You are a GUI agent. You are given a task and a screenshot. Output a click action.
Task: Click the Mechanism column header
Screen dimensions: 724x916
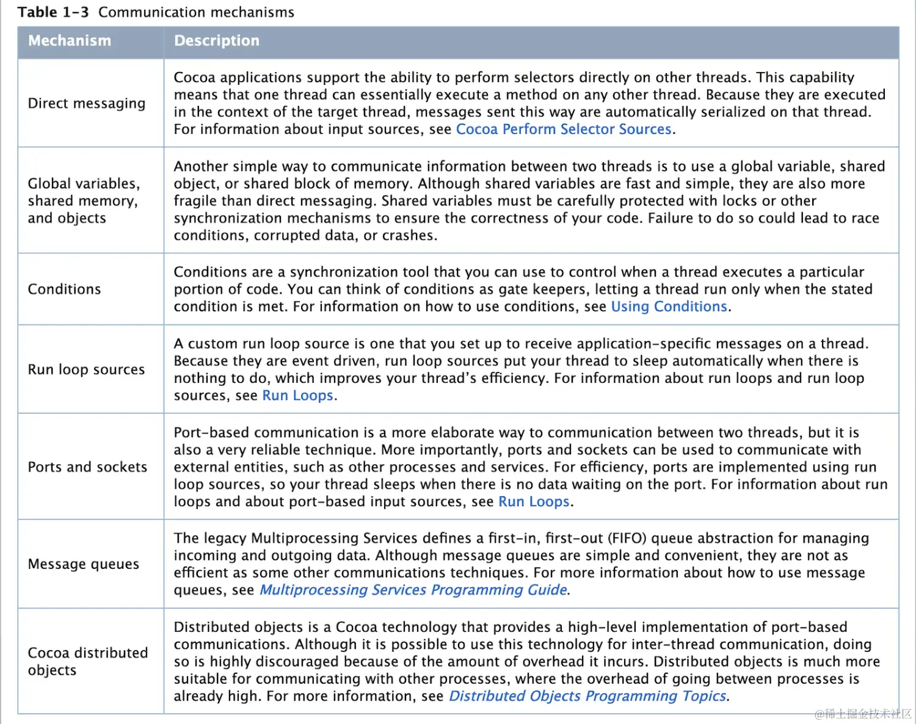pyautogui.click(x=70, y=41)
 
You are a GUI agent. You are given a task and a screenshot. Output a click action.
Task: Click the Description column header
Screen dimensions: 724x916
pyautogui.click(x=217, y=41)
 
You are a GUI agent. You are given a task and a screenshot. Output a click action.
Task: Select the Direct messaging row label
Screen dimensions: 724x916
pyautogui.click(x=87, y=103)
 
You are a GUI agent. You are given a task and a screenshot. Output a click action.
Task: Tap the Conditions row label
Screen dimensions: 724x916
pyautogui.click(x=64, y=289)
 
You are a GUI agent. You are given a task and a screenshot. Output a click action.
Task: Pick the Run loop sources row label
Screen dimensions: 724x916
pyautogui.click(x=86, y=369)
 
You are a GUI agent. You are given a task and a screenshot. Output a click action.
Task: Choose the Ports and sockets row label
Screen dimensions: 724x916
pyautogui.click(x=87, y=467)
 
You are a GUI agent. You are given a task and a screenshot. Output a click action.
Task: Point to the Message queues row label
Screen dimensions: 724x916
pyautogui.click(x=84, y=564)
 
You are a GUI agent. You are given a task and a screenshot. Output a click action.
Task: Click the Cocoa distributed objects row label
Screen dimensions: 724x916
pyautogui.click(x=87, y=661)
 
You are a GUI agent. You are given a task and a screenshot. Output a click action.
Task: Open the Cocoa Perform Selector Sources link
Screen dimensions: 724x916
pyautogui.click(x=564, y=129)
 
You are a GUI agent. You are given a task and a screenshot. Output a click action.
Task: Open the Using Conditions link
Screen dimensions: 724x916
pyautogui.click(x=669, y=306)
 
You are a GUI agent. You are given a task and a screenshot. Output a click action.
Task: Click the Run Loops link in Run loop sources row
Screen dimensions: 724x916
pyautogui.click(x=298, y=396)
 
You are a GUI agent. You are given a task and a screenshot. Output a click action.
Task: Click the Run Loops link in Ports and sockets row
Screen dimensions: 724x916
pyautogui.click(x=534, y=502)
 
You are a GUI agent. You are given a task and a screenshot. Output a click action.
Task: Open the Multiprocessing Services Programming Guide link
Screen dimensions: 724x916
pyautogui.click(x=413, y=590)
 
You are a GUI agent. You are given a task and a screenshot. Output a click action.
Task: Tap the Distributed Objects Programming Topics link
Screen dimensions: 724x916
pyautogui.click(x=587, y=697)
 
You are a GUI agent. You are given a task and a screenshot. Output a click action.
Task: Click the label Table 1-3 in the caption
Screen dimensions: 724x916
pyautogui.click(x=53, y=12)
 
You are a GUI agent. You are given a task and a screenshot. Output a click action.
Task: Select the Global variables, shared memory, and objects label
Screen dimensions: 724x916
pyautogui.click(x=84, y=201)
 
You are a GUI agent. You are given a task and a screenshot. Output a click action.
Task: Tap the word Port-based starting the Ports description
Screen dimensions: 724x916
pyautogui.click(x=211, y=433)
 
